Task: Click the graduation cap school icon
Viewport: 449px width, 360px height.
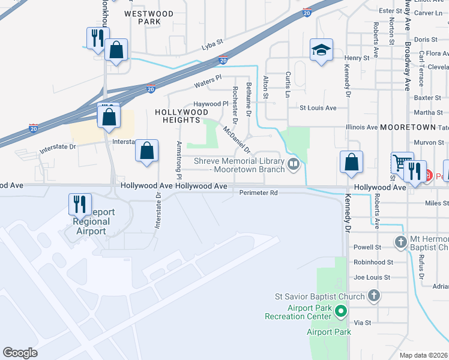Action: coord(321,50)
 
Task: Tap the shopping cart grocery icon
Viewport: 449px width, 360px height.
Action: coord(400,162)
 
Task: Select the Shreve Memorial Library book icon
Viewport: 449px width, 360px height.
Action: coord(294,164)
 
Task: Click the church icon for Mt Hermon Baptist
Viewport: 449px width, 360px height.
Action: coord(401,242)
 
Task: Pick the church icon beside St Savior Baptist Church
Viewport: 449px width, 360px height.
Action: coord(374,296)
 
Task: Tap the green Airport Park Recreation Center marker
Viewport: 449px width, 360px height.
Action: coord(340,311)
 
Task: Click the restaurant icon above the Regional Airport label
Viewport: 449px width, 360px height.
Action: coord(79,204)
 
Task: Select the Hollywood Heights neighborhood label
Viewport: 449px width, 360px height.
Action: coord(181,116)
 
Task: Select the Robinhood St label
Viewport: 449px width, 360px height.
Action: coord(373,262)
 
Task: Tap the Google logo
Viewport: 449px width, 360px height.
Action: coord(20,353)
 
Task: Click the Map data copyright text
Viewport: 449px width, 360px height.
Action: coord(424,355)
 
